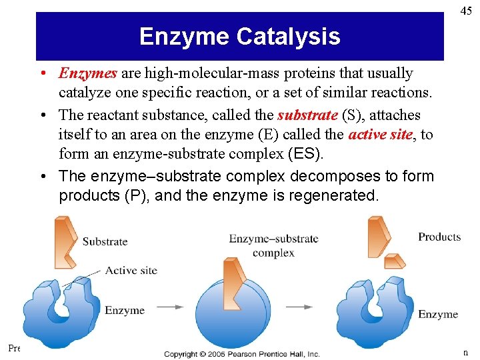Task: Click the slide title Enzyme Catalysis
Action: point(239,36)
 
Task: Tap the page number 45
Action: point(466,10)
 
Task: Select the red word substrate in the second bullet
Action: point(307,115)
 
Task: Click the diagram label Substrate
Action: point(105,241)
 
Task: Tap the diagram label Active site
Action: point(131,270)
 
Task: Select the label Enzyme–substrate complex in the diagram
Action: point(273,245)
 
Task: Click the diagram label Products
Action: point(439,237)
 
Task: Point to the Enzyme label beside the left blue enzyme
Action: point(124,310)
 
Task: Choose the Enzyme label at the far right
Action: point(437,314)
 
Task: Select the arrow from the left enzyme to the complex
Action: point(170,307)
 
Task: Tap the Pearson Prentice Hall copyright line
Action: point(242,354)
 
